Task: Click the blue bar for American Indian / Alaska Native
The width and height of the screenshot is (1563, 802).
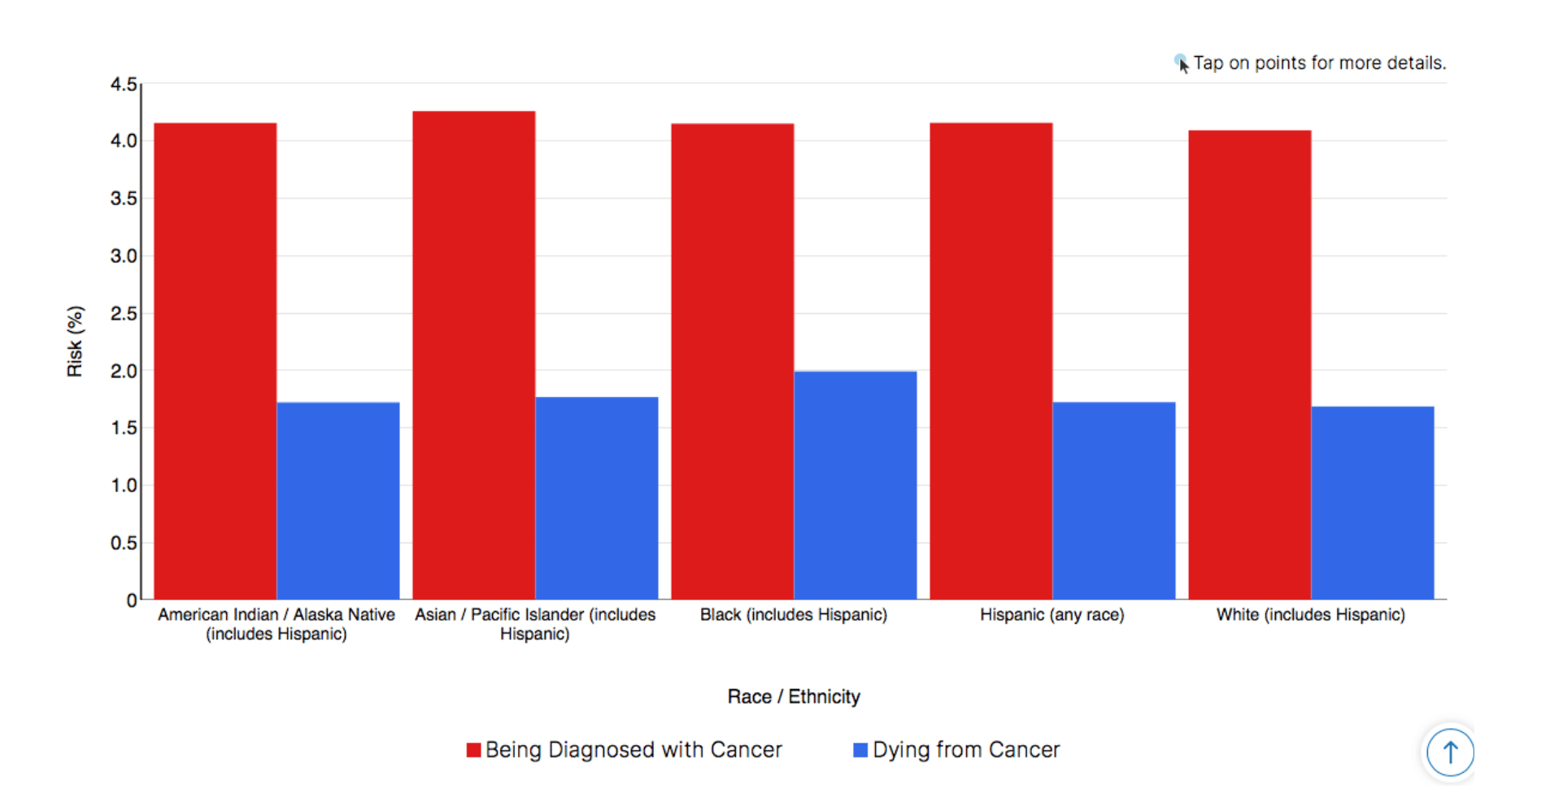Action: click(337, 500)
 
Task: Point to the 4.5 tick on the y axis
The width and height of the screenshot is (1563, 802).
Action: click(124, 85)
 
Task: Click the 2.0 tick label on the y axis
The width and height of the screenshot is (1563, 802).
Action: click(124, 371)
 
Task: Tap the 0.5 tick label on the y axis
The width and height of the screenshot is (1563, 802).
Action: click(124, 543)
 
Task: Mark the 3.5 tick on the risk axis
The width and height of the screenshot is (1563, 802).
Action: click(124, 198)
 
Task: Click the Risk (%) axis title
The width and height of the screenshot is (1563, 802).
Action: click(75, 342)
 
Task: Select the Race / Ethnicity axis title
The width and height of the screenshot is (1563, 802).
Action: click(794, 696)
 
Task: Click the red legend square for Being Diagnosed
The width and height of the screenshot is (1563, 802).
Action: click(473, 750)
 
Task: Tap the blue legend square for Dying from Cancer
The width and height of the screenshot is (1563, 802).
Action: click(860, 750)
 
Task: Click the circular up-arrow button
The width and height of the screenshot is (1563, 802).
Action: click(1450, 752)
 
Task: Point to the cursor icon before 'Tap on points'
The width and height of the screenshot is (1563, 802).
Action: click(1182, 63)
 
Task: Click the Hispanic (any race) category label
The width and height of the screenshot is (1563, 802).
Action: click(1051, 615)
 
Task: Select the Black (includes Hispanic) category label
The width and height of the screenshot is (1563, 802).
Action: click(793, 615)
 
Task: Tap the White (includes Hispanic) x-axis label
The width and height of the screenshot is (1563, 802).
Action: click(1310, 615)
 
